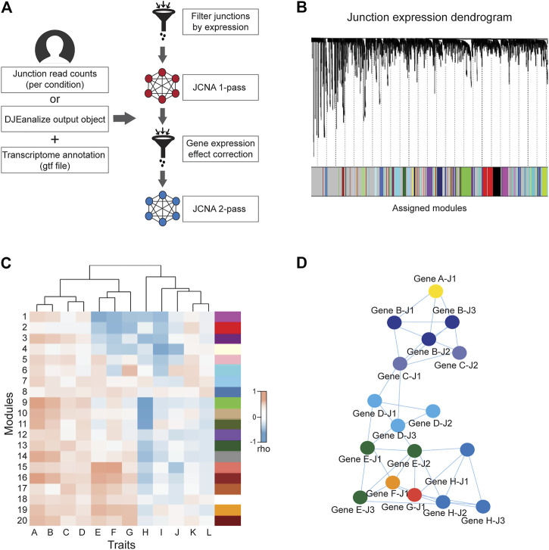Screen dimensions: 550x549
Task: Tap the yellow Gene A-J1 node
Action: (x=436, y=291)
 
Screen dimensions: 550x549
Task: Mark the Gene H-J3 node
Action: (x=482, y=506)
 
